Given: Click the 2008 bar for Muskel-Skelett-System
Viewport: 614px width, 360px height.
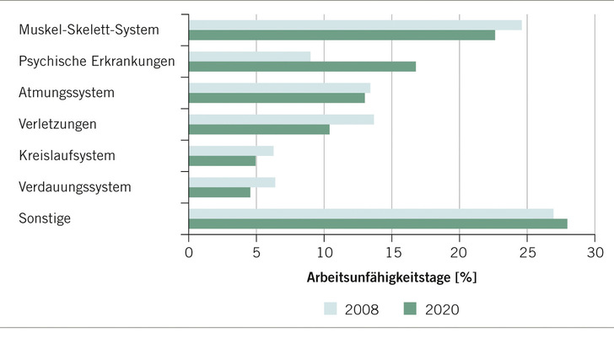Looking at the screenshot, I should (x=355, y=24).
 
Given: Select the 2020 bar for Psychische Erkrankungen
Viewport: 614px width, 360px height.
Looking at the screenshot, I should (x=302, y=67).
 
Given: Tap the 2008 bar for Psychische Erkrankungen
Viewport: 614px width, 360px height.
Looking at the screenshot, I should (x=250, y=56).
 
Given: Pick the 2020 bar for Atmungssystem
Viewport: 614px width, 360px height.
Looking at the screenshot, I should (x=277, y=98).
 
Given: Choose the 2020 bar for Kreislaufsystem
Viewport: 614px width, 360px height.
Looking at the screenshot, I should (x=222, y=160).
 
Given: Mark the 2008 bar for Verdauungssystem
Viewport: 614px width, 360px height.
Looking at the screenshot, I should (x=232, y=182).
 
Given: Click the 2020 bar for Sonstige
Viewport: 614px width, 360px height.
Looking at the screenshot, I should (x=378, y=223).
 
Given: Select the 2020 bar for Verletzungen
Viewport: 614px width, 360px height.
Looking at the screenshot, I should (x=259, y=130).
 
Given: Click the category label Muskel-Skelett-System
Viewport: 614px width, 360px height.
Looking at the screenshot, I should (x=89, y=30).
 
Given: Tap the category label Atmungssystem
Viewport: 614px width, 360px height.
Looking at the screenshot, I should (x=66, y=92).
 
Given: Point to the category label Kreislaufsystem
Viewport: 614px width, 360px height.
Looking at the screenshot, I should (x=67, y=155).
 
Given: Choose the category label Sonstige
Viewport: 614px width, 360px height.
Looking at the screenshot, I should (x=45, y=218).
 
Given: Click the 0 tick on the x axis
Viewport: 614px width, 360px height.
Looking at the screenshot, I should (x=189, y=251).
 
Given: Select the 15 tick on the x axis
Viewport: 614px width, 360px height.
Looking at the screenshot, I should (x=391, y=251).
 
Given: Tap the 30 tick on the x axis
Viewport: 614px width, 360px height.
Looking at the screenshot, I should (x=595, y=251).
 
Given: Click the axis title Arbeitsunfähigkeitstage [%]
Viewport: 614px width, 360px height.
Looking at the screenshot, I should (x=392, y=277).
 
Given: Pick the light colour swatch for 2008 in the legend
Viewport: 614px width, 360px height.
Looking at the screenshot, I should (x=332, y=309).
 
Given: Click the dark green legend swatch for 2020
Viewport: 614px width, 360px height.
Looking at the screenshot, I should (x=410, y=309).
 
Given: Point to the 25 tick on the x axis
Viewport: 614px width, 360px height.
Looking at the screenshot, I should (x=527, y=251).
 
